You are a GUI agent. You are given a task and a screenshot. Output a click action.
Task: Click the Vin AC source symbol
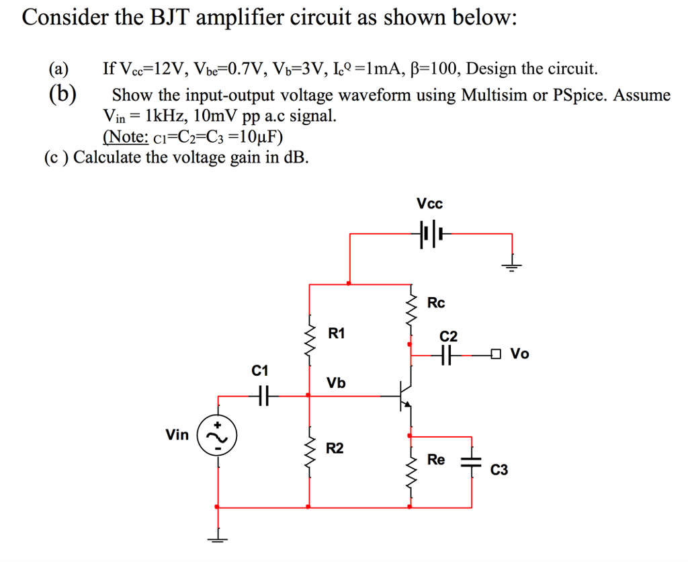click(217, 436)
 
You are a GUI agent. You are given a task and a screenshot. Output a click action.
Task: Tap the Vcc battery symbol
click(431, 233)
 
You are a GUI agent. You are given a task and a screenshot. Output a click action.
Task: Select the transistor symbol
click(404, 395)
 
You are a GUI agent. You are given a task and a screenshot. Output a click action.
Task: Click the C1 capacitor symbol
click(263, 395)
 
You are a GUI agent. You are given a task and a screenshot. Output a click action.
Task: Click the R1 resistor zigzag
click(310, 340)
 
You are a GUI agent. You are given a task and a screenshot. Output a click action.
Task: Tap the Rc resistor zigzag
click(411, 304)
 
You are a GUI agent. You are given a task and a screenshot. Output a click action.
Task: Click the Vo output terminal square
click(496, 353)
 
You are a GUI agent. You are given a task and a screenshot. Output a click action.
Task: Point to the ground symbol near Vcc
click(511, 266)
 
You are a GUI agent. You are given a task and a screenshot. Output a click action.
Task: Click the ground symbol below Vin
click(218, 539)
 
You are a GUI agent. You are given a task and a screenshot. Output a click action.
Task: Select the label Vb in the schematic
click(336, 383)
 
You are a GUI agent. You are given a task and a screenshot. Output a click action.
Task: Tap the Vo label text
click(520, 354)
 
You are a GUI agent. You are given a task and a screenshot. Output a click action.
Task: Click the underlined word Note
click(126, 136)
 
